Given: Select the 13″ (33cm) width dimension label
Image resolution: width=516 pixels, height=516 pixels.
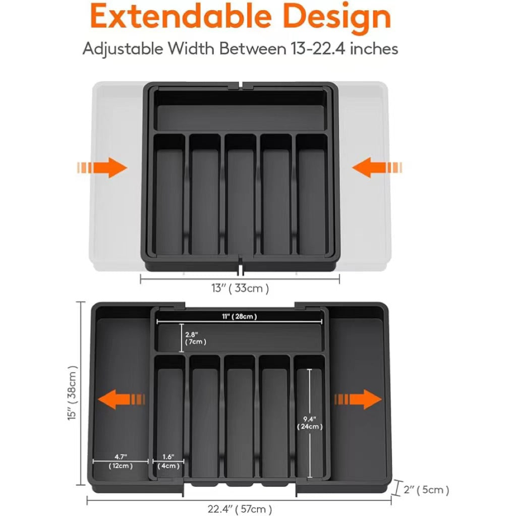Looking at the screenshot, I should pyautogui.click(x=240, y=289).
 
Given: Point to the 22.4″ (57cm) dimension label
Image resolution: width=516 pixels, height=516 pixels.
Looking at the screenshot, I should pyautogui.click(x=240, y=509).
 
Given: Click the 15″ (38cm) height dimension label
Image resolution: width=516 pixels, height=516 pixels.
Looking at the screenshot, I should pyautogui.click(x=73, y=393).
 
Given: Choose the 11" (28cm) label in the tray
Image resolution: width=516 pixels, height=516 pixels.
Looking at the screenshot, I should pyautogui.click(x=241, y=317).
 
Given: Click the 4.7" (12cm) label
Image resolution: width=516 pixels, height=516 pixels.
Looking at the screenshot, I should pyautogui.click(x=121, y=461).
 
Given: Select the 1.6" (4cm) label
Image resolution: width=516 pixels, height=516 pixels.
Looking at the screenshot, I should pyautogui.click(x=168, y=461).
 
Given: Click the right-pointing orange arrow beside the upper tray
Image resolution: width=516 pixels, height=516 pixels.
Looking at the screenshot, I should pyautogui.click(x=103, y=167).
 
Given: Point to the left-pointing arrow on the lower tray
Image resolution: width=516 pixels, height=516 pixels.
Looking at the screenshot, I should pyautogui.click(x=122, y=400).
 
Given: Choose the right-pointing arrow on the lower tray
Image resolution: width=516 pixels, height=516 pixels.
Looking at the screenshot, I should pyautogui.click(x=359, y=400).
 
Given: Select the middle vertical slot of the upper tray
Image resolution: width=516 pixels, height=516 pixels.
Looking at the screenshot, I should pyautogui.click(x=240, y=197).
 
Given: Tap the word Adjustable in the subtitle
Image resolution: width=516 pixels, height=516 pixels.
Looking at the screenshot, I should pyautogui.click(x=123, y=49).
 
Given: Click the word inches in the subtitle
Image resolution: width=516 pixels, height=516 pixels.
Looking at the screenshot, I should pyautogui.click(x=374, y=49).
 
